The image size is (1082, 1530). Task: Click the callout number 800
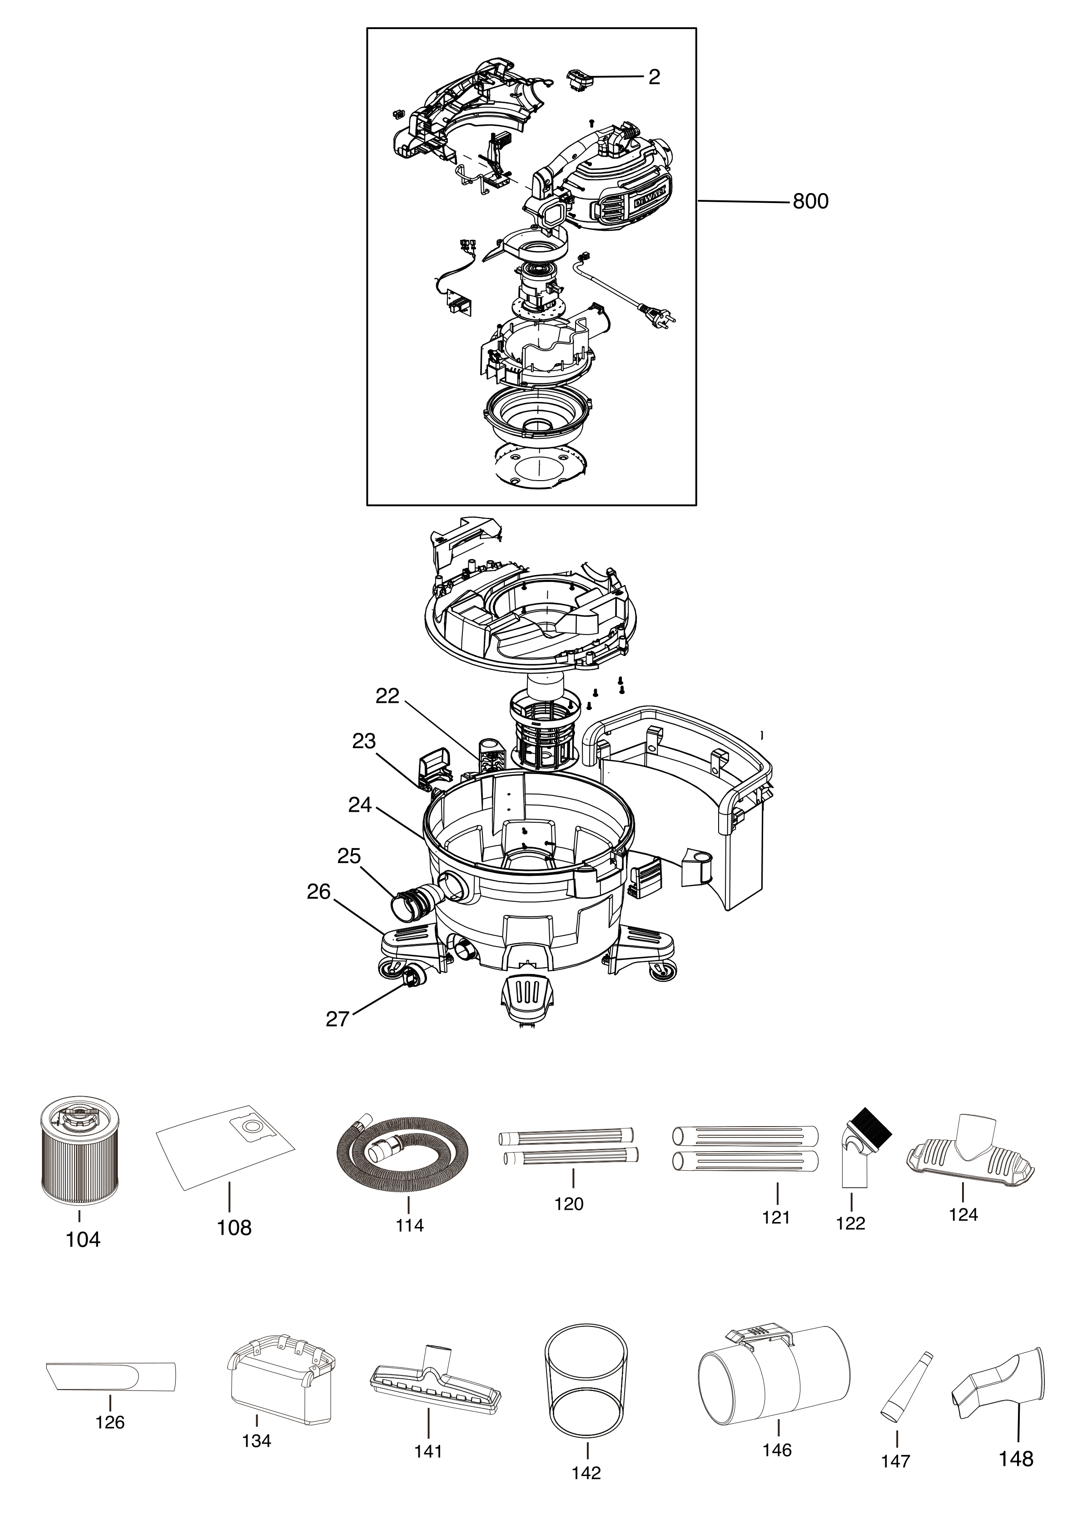(810, 201)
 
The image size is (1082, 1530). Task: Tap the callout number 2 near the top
(654, 77)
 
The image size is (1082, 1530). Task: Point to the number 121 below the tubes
(775, 1217)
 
